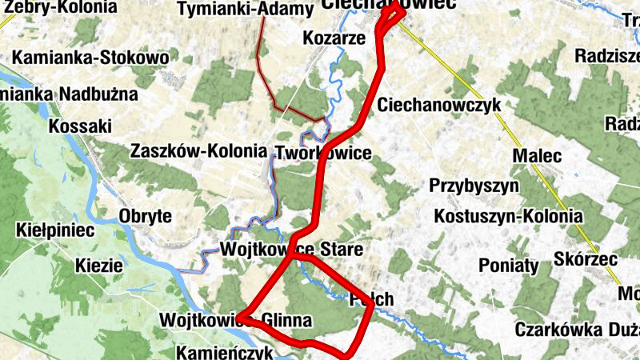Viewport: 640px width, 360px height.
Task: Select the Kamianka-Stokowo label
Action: (90, 58)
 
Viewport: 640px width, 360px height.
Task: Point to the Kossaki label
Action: (79, 126)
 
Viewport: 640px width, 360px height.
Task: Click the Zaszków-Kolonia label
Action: (198, 150)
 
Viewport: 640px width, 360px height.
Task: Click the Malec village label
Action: (538, 155)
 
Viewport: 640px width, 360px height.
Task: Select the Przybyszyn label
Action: (474, 186)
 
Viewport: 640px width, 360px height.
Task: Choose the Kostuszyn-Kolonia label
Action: (508, 217)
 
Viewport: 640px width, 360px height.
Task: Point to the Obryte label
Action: (145, 216)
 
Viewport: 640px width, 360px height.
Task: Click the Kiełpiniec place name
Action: (55, 231)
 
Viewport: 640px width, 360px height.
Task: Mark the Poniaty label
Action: (509, 266)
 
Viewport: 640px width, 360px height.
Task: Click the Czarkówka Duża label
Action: (576, 329)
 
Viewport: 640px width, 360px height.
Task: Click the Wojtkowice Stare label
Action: (291, 250)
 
